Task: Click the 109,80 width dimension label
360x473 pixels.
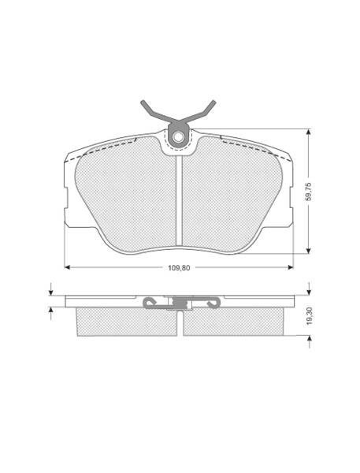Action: point(179,267)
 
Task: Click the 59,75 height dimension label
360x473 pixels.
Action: point(309,192)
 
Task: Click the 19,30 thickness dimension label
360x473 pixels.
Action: point(309,316)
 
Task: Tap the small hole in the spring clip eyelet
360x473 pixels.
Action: point(179,137)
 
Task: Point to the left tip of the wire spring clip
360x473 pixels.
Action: point(143,102)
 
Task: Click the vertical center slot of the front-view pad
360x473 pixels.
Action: point(179,200)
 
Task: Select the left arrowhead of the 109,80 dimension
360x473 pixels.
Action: point(67,267)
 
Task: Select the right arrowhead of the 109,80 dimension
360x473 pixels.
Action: point(291,267)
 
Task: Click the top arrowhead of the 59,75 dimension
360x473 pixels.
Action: point(308,132)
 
